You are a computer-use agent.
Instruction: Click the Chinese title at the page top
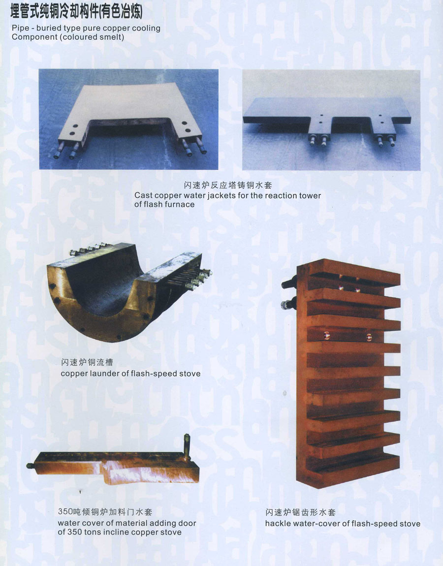(77, 11)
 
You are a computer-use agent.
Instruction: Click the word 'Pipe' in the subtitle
(20, 28)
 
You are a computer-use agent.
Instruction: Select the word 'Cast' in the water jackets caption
(143, 195)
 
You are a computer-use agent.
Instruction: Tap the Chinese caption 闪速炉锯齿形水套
(300, 512)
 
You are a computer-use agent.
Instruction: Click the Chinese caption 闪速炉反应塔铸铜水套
(228, 186)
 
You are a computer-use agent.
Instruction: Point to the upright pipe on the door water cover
(187, 447)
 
